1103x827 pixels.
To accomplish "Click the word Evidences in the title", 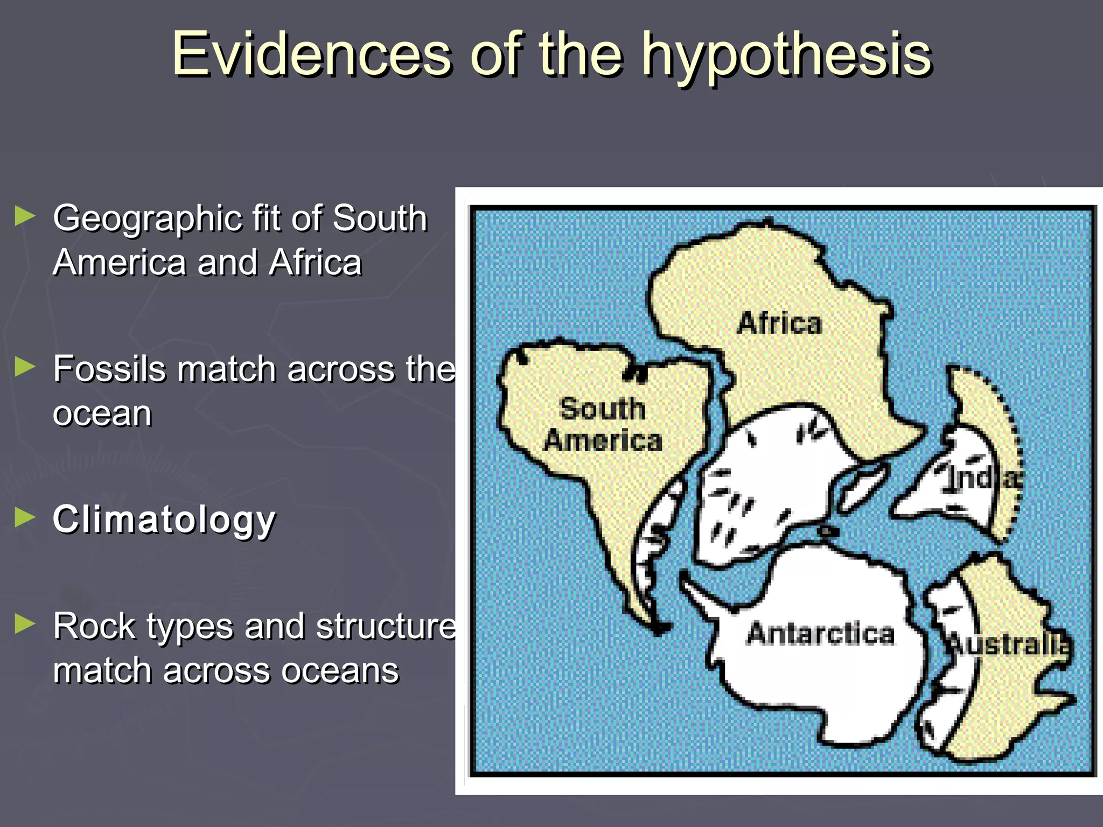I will tap(312, 54).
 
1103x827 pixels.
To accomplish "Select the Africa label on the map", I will tap(779, 323).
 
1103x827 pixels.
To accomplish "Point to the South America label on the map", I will tap(603, 424).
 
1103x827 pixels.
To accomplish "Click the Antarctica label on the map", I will tap(820, 633).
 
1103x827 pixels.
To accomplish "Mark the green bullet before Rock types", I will tap(25, 624).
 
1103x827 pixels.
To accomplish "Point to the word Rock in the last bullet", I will tap(89, 627).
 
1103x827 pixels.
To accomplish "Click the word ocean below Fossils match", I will tap(102, 413).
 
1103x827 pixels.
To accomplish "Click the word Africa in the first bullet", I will tap(316, 263).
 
